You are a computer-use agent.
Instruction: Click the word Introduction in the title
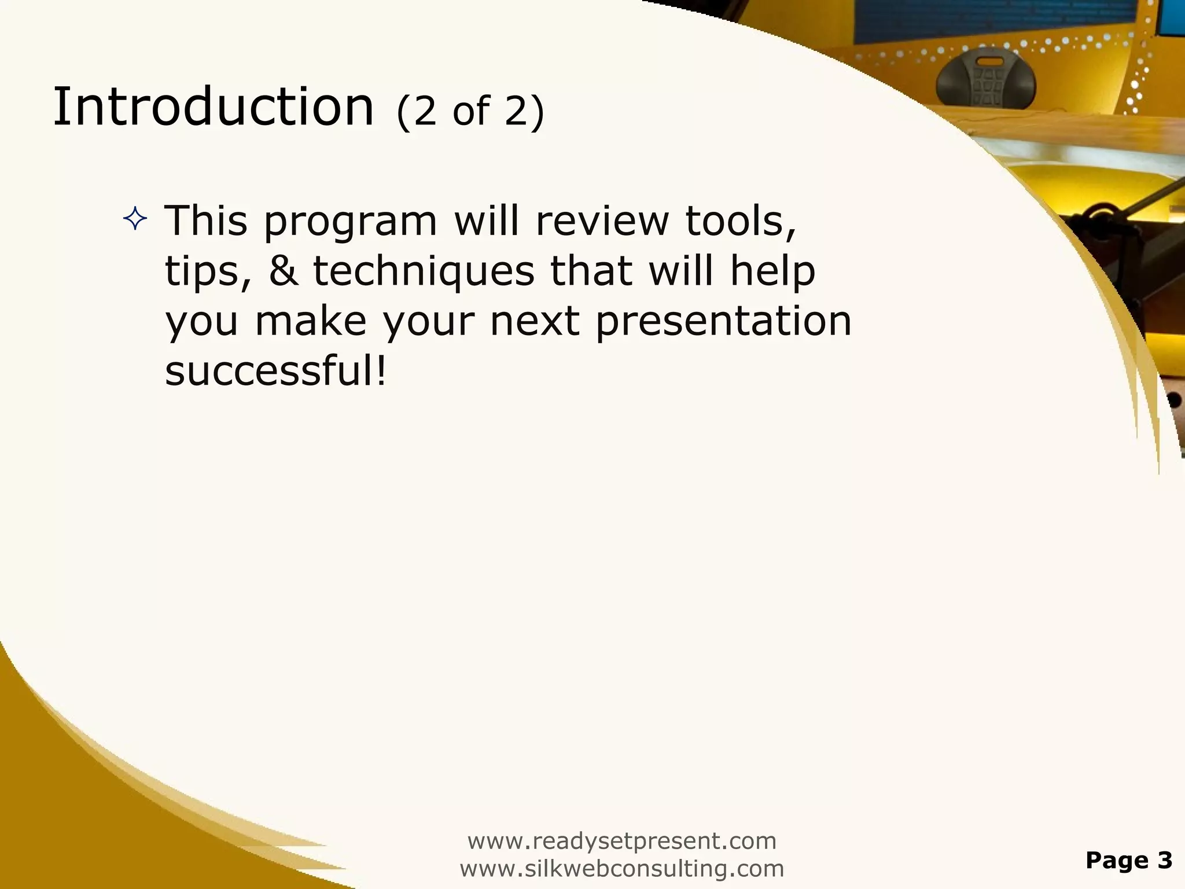coord(213,106)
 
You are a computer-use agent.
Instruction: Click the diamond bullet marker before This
coord(135,220)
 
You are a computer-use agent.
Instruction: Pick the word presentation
coord(723,321)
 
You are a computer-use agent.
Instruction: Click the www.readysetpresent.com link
coord(621,840)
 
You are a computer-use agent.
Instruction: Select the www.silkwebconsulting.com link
coord(621,868)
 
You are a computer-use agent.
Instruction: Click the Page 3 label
coord(1129,860)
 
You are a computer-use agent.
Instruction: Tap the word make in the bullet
coord(311,321)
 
